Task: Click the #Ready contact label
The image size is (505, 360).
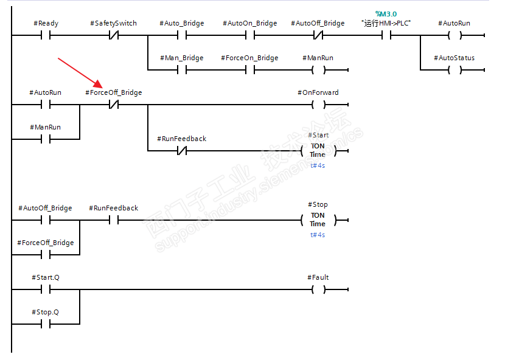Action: (x=46, y=23)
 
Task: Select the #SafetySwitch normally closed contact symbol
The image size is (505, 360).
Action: (x=114, y=35)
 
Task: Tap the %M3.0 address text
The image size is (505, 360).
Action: (x=386, y=14)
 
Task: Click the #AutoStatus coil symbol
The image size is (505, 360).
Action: (x=454, y=69)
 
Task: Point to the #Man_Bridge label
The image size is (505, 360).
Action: (x=182, y=58)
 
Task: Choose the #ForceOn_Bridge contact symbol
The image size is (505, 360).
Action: (x=250, y=69)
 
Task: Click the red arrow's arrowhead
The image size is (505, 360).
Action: (x=98, y=84)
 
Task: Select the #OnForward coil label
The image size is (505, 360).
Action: (x=318, y=93)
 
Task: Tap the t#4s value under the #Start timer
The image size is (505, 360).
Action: (x=318, y=165)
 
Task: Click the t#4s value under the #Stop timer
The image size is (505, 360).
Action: (x=318, y=235)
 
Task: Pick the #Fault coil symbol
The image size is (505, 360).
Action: (x=318, y=289)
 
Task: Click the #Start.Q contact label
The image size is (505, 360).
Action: (x=46, y=277)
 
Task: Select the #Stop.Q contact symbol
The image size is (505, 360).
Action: (x=46, y=324)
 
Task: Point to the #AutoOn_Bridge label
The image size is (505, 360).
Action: (x=250, y=23)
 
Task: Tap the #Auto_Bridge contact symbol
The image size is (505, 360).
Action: (x=182, y=35)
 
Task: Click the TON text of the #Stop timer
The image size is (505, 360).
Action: (x=318, y=215)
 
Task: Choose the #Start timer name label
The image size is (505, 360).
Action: (x=318, y=135)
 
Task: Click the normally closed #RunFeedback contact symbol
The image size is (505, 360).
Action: (x=182, y=150)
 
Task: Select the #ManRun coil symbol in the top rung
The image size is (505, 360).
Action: (x=318, y=69)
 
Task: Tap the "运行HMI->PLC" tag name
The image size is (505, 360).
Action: (x=386, y=23)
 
